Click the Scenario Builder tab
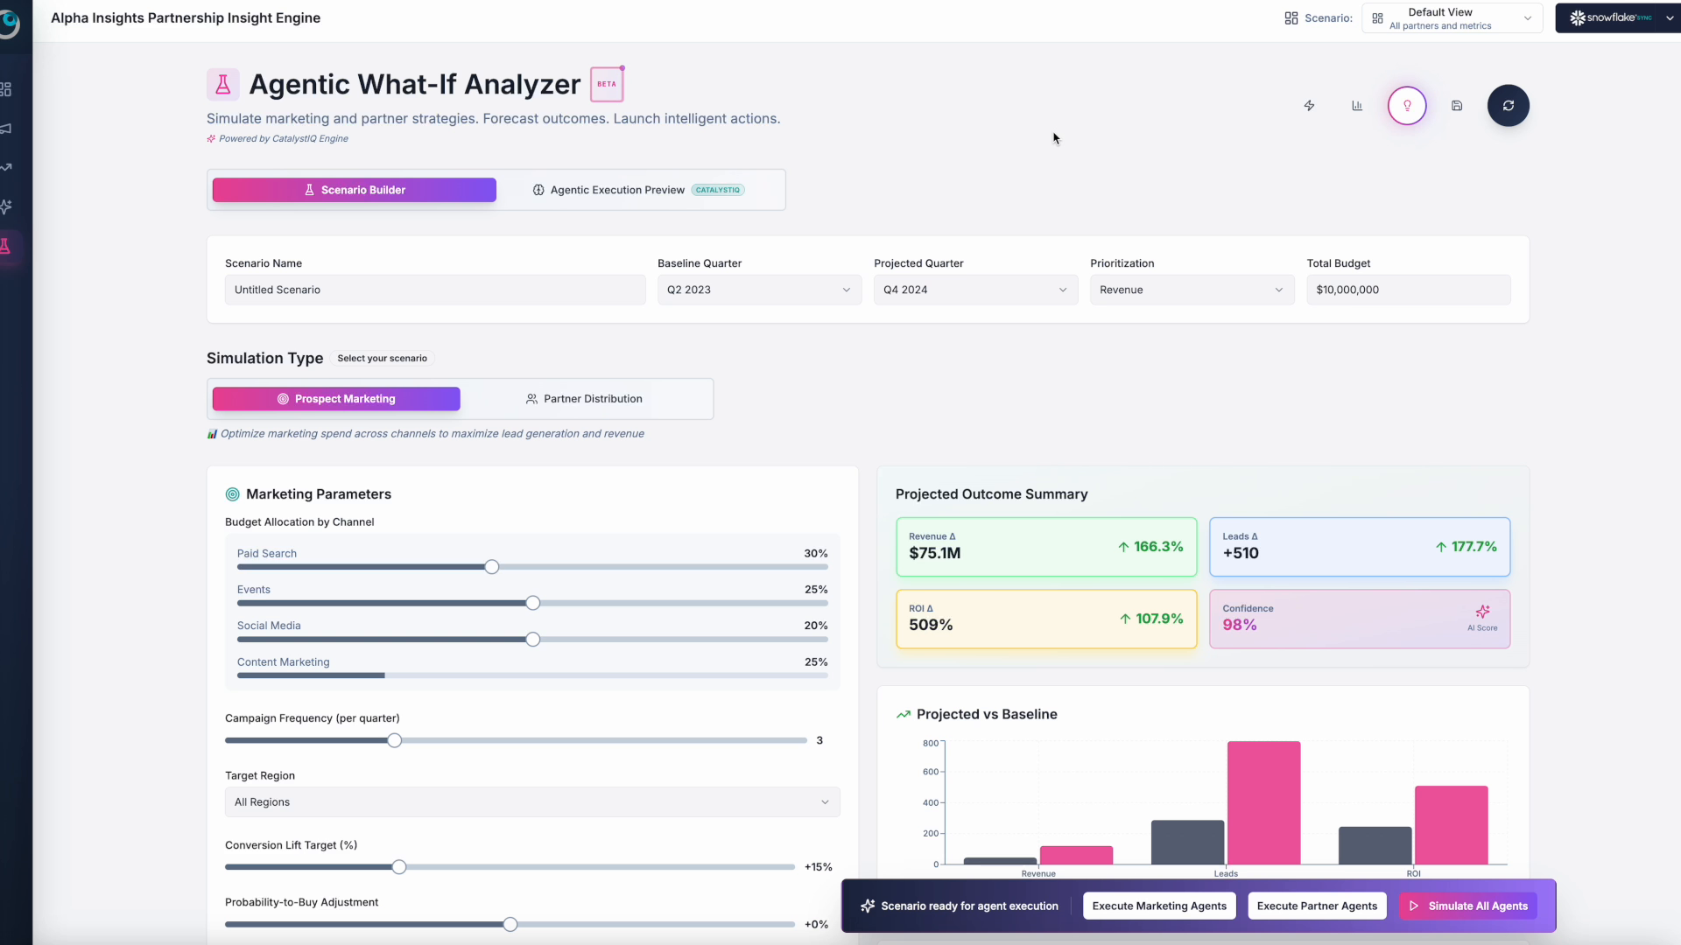pos(354,190)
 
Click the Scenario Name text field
pos(434,290)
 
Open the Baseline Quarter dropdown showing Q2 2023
pos(758,290)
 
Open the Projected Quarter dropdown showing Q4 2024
pos(974,290)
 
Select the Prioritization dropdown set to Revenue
pos(1191,290)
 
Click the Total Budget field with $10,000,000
pos(1407,290)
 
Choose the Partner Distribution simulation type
pos(585,399)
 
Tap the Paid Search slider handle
pos(492,567)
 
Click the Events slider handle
pos(532,603)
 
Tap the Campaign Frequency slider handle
pos(395,740)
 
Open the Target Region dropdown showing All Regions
pos(531,802)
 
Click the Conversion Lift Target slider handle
pos(399,867)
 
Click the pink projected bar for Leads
pos(1263,802)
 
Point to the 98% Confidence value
pos(1240,625)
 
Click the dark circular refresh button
pos(1508,106)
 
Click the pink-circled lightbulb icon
pos(1407,106)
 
